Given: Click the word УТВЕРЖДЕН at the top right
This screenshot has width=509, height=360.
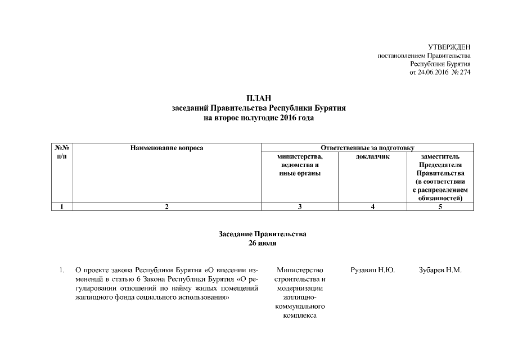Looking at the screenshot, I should click(449, 47).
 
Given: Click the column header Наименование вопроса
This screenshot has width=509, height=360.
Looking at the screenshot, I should click(166, 148).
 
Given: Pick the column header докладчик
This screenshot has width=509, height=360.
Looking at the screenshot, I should click(373, 156).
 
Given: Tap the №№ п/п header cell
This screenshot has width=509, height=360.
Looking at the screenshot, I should click(62, 152).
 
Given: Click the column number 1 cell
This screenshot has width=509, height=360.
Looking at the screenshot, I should click(62, 207).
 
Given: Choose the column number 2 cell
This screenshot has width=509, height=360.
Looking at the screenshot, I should click(166, 207).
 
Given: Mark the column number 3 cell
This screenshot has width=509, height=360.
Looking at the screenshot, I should click(300, 207).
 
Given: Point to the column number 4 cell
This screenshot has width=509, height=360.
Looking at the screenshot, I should click(373, 207).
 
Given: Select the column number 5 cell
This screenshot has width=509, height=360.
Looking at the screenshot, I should click(440, 207).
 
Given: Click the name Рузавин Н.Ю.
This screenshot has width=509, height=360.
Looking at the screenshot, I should click(372, 271).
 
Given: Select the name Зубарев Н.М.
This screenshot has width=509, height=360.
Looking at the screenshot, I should click(440, 271).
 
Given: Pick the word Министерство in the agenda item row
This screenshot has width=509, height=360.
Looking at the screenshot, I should click(300, 271).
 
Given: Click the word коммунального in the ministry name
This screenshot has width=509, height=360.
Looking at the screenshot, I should click(300, 307).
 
